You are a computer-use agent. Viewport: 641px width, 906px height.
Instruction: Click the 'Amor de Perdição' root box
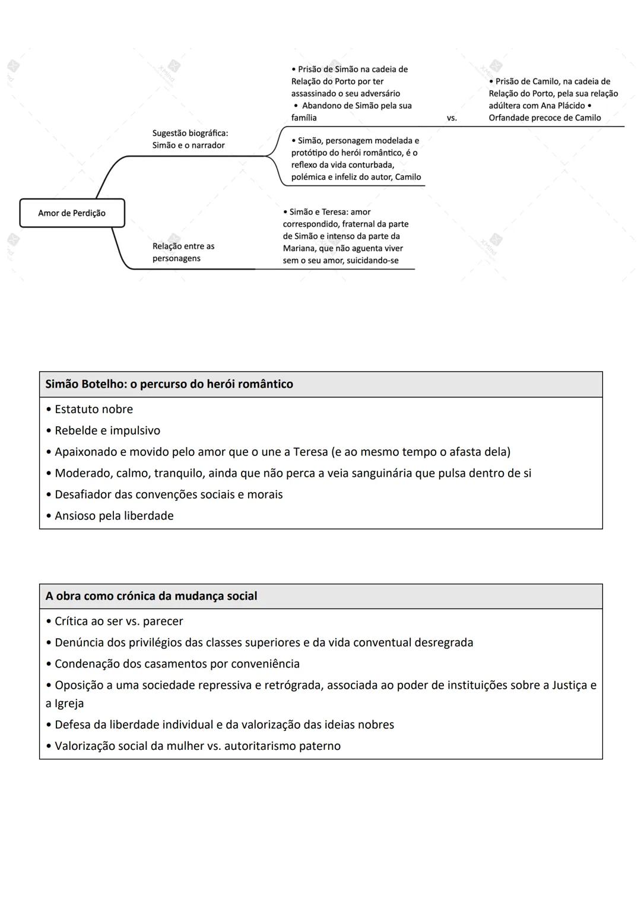tap(72, 213)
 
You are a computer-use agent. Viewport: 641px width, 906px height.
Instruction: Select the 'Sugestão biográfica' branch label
tap(190, 134)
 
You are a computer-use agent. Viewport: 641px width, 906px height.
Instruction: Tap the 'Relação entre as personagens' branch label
tap(183, 252)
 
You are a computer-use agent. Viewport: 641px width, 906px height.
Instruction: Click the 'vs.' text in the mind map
tap(452, 118)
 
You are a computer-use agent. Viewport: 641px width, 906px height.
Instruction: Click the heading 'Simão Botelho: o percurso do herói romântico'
tap(169, 384)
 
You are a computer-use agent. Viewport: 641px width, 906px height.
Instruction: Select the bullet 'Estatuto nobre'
tap(93, 409)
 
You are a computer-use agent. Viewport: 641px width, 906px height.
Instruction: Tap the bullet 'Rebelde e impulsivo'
tap(107, 430)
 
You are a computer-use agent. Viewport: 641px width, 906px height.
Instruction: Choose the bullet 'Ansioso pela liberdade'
tap(114, 516)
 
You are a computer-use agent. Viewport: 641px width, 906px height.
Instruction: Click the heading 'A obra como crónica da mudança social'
tap(151, 596)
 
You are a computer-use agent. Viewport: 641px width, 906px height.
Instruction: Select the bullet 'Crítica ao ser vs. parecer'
tap(119, 621)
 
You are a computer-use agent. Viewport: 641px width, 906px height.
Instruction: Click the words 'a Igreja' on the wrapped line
tap(65, 704)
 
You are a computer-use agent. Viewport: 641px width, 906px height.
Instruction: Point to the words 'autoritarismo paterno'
tap(283, 746)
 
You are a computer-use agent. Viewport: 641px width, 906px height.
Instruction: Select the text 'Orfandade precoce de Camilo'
tap(545, 118)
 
